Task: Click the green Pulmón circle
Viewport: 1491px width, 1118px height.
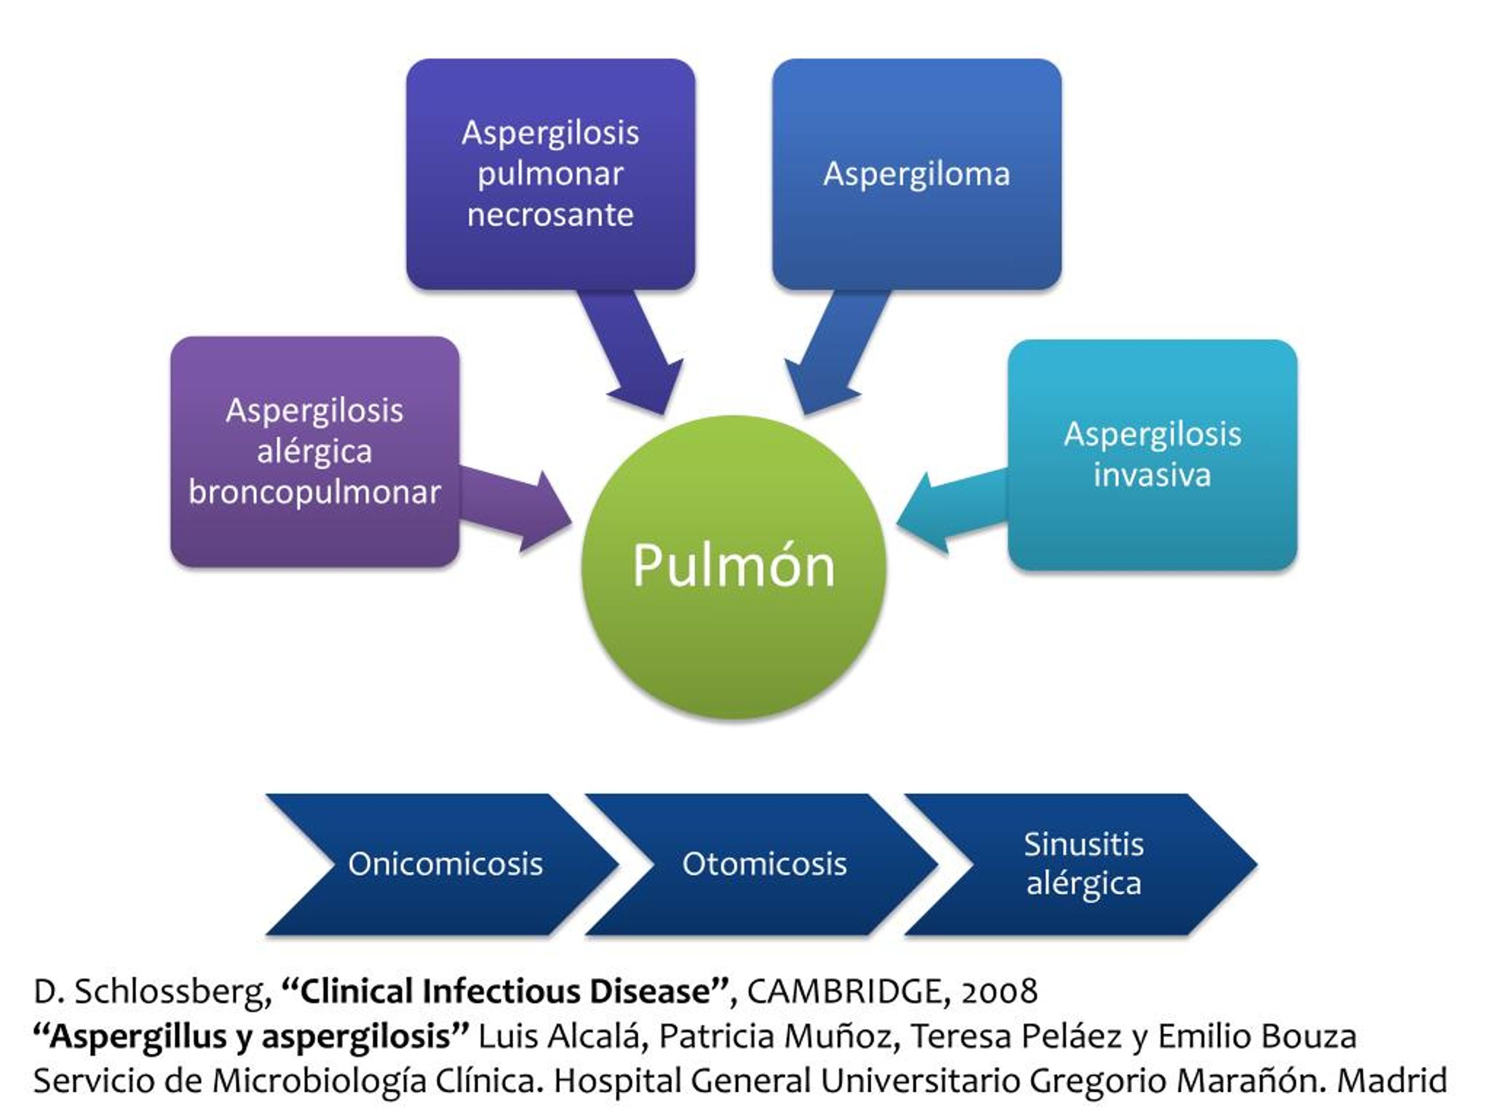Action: pyautogui.click(x=733, y=567)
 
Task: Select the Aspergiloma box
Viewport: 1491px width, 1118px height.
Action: pyautogui.click(x=917, y=174)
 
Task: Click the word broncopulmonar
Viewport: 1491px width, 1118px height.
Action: pyautogui.click(x=315, y=492)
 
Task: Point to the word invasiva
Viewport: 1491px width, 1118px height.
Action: pyautogui.click(x=1152, y=475)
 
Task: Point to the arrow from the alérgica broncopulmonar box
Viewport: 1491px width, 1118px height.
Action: pyautogui.click(x=515, y=510)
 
